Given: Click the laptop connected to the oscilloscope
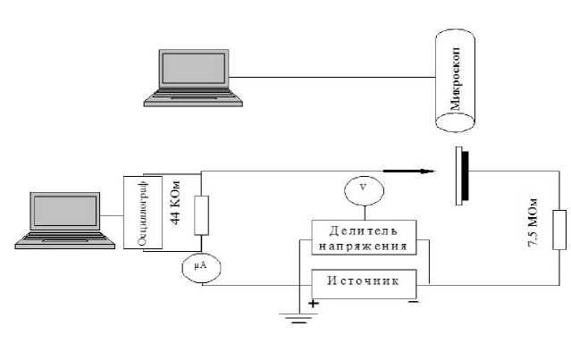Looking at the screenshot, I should click(x=70, y=218).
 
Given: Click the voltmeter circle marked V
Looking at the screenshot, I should click(x=362, y=188).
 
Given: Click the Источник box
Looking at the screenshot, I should click(x=363, y=281).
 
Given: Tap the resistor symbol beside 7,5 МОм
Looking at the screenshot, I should click(x=559, y=230).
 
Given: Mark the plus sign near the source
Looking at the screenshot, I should click(x=314, y=304).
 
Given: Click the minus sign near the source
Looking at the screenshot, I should click(x=413, y=303).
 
